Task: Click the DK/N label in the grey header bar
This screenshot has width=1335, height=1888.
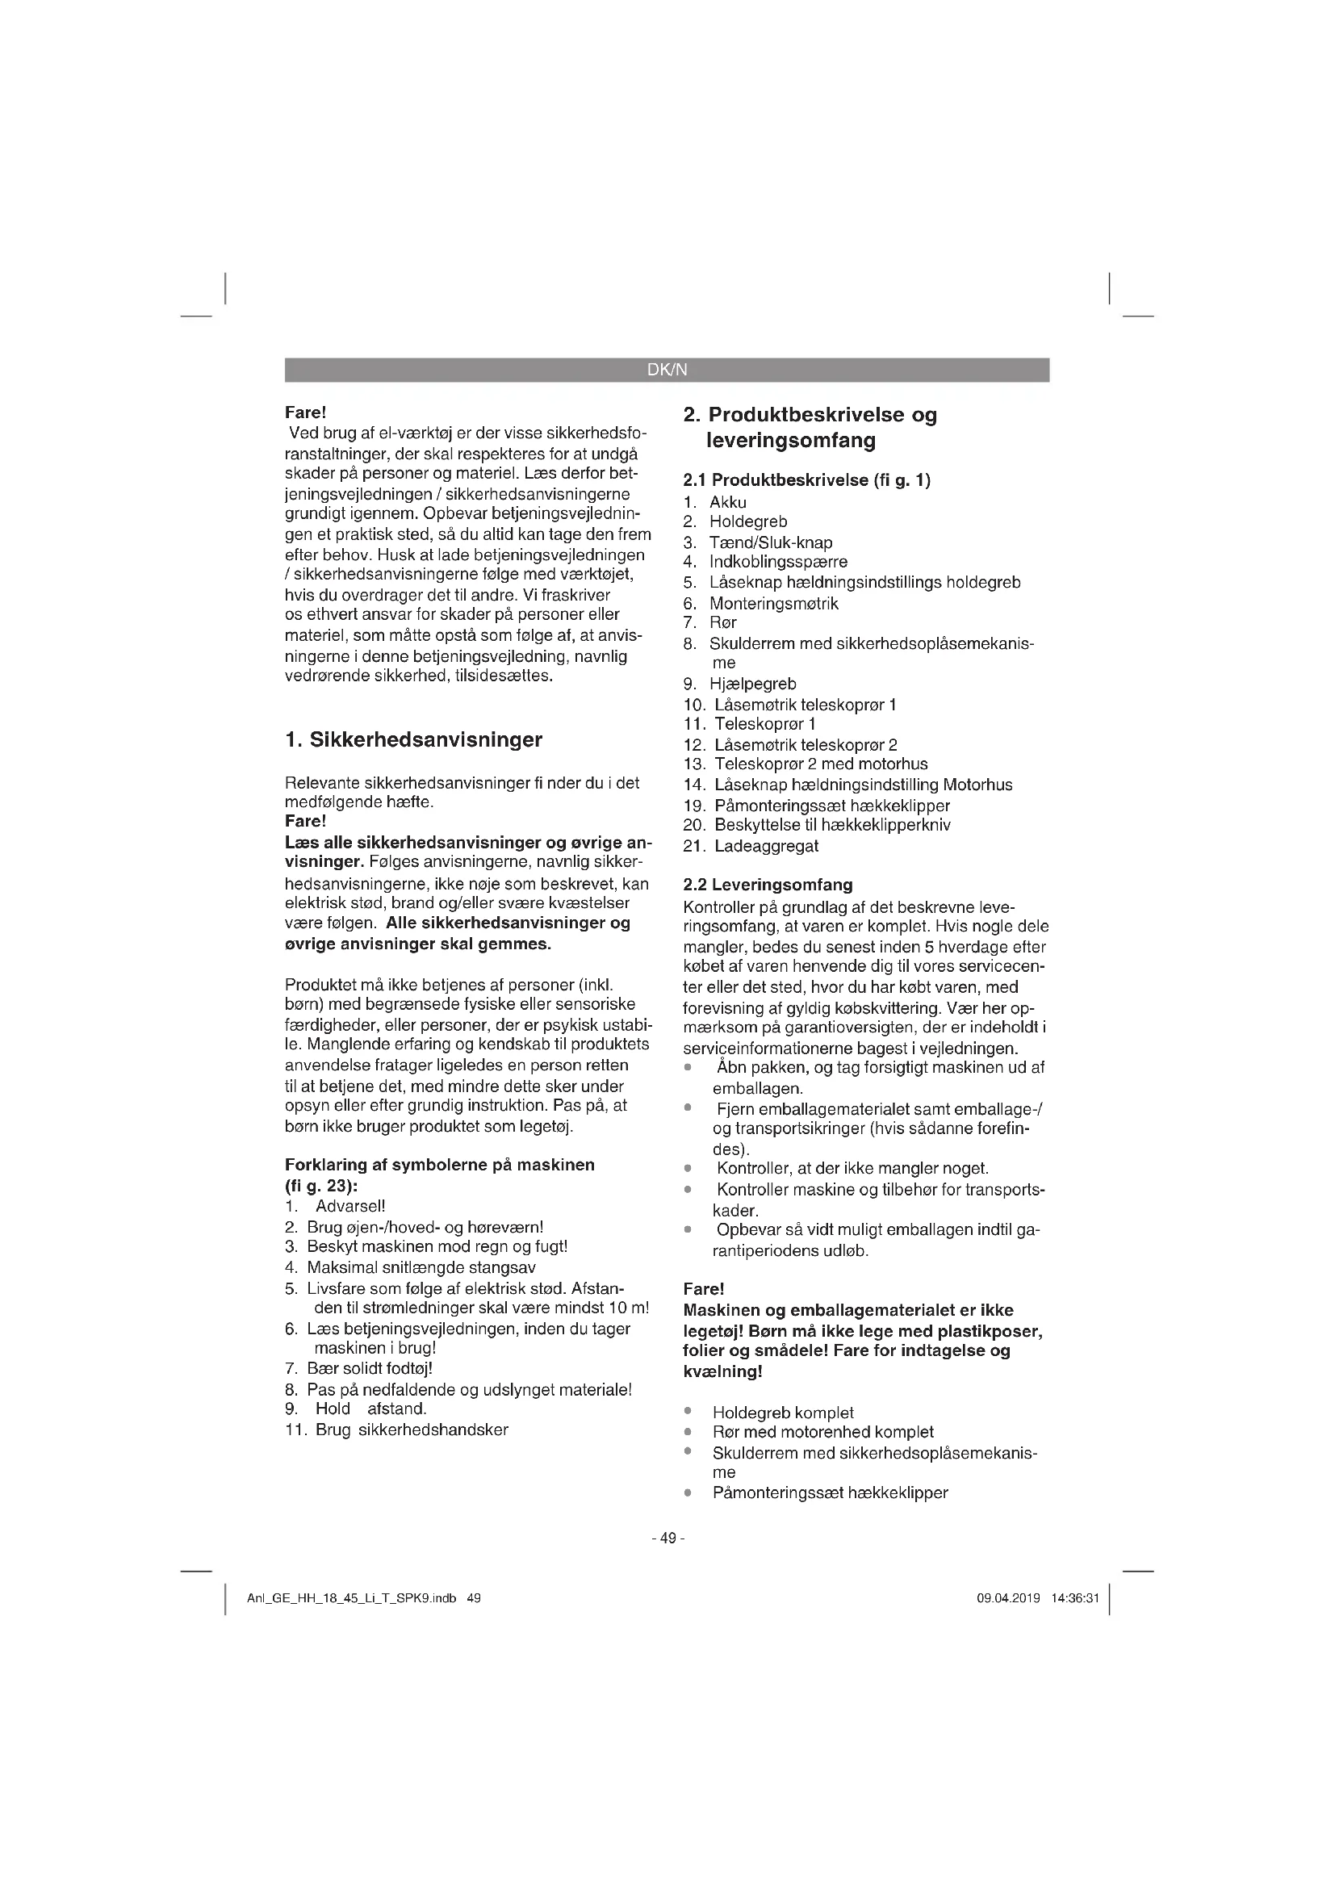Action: click(x=667, y=370)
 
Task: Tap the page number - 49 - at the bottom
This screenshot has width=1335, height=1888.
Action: click(x=667, y=1538)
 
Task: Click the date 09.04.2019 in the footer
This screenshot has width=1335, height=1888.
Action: click(x=1009, y=1598)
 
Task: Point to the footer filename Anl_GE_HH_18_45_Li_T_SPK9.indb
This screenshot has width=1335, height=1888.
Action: click(x=352, y=1598)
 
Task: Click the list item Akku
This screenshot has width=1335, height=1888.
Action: click(x=728, y=502)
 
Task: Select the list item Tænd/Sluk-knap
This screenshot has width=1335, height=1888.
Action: click(x=771, y=542)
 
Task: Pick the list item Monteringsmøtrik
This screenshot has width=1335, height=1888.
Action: click(x=774, y=603)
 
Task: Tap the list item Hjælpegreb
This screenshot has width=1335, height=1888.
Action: click(x=753, y=684)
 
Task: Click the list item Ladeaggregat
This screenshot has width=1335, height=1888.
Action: click(x=766, y=845)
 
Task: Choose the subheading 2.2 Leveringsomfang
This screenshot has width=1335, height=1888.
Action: click(x=768, y=885)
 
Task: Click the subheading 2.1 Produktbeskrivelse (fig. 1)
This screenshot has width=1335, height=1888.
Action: click(x=806, y=479)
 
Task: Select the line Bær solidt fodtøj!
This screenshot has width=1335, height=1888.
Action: click(x=370, y=1368)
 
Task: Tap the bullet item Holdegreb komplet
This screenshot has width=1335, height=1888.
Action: click(x=783, y=1413)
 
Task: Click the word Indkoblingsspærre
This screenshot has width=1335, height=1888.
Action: click(x=778, y=563)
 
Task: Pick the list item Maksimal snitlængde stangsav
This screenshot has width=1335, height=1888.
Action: click(x=421, y=1267)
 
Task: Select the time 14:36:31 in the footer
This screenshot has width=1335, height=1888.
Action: click(x=1074, y=1598)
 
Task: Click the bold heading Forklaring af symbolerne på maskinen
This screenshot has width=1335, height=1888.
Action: click(x=440, y=1165)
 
